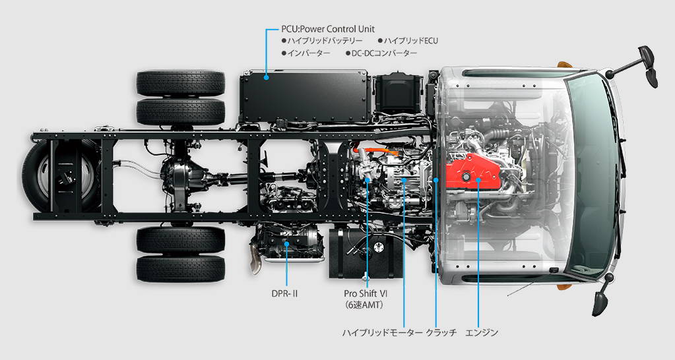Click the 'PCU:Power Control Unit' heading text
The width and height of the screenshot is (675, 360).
[x=327, y=29]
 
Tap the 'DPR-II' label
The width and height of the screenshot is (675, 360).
[x=284, y=294]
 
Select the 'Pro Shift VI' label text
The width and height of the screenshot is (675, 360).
[x=366, y=294]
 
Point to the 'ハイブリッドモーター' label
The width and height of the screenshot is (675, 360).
[x=382, y=333]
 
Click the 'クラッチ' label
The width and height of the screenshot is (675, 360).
[x=441, y=333]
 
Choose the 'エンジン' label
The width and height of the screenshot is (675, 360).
[x=482, y=333]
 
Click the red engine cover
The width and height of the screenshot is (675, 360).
[x=473, y=174]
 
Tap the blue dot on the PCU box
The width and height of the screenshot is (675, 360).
[x=267, y=78]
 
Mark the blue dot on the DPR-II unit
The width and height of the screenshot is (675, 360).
[x=287, y=245]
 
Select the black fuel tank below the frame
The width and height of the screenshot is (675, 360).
[x=366, y=253]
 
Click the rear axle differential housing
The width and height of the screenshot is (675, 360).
[x=180, y=176]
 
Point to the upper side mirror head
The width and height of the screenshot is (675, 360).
[x=649, y=67]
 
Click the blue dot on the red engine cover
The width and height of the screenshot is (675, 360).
[x=478, y=180]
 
